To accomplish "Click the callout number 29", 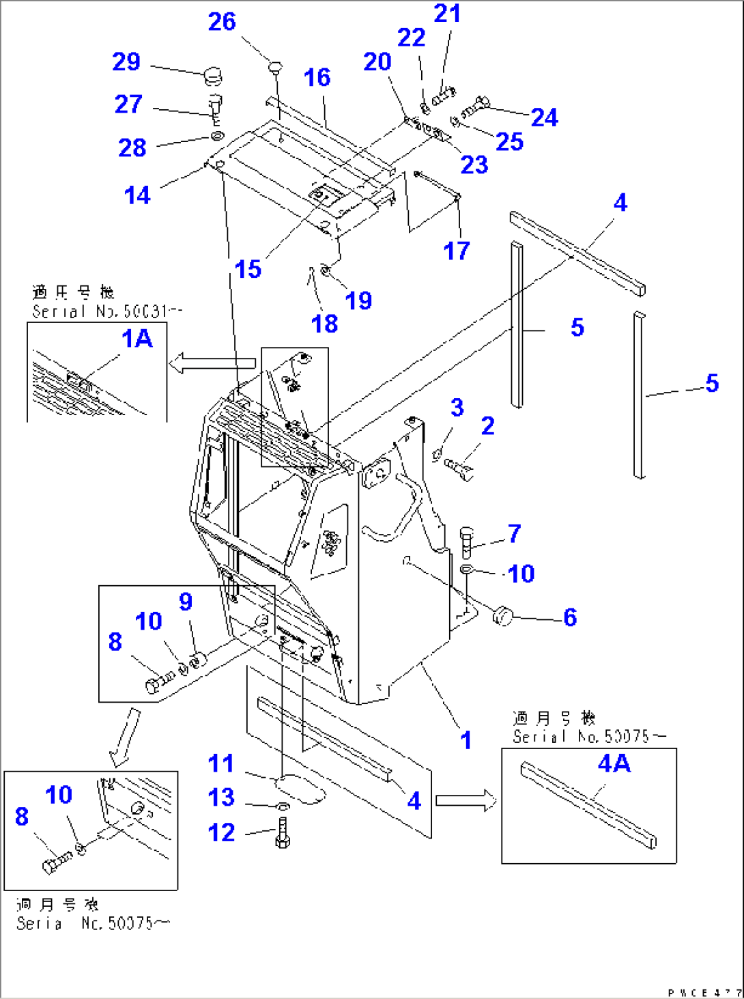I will [126, 62].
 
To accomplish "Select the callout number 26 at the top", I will [222, 22].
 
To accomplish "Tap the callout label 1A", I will [137, 339].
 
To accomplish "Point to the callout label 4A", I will [614, 763].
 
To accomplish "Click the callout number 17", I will [457, 251].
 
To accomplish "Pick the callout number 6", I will [570, 617].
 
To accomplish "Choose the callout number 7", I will [514, 533].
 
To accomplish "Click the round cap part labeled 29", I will [213, 75].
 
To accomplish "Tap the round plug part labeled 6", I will [503, 616].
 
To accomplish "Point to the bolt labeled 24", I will [475, 108].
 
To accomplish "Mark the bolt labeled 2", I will [459, 468].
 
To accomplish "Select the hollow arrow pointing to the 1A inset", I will [212, 363].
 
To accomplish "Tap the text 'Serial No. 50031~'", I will [107, 311].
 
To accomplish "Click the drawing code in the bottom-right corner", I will [704, 992].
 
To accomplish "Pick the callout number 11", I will [221, 763].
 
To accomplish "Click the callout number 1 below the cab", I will [466, 740].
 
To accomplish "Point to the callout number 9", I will [186, 602].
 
